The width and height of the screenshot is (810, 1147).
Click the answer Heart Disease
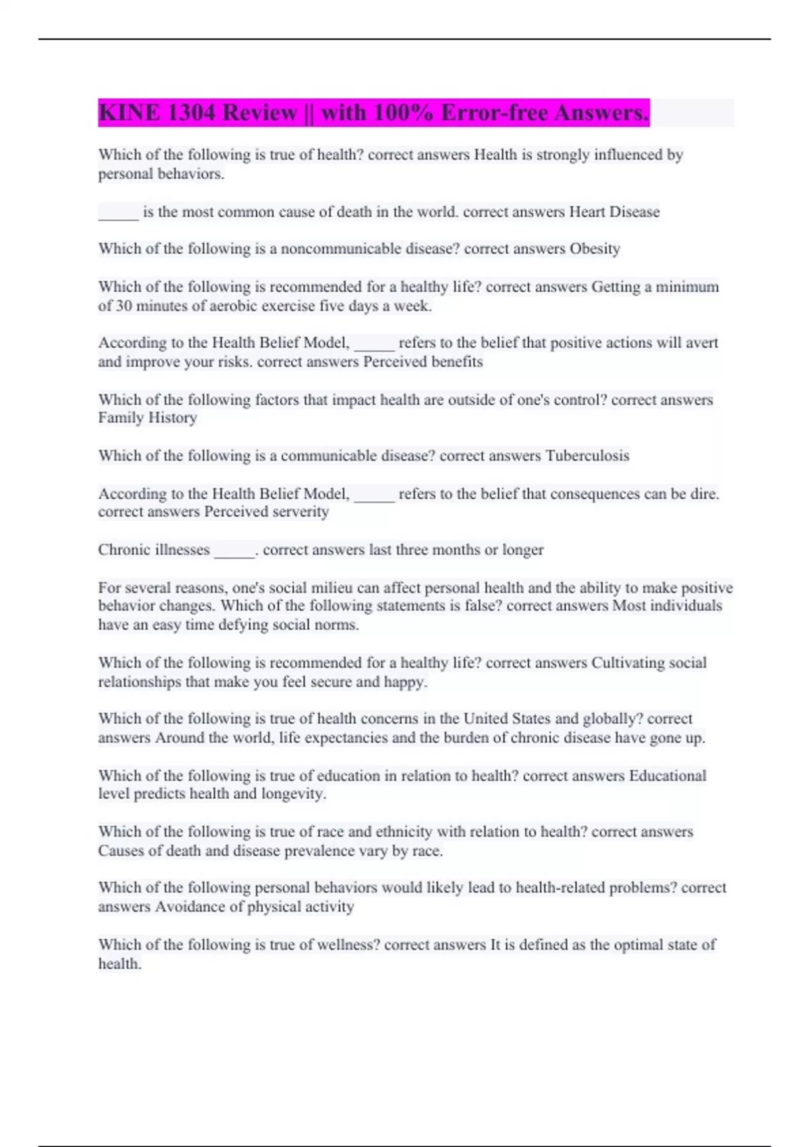pyautogui.click(x=614, y=212)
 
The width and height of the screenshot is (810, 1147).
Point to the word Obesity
pyautogui.click(x=595, y=249)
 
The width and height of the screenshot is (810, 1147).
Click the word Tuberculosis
pyautogui.click(x=587, y=456)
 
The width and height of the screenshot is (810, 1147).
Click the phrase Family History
pyautogui.click(x=148, y=418)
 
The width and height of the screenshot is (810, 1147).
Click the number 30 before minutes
pyautogui.click(x=124, y=306)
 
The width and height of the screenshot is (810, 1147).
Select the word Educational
pyautogui.click(x=668, y=776)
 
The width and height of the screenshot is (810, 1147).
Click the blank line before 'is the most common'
pyautogui.click(x=119, y=216)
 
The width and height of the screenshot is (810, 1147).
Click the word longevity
pyautogui.click(x=292, y=794)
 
